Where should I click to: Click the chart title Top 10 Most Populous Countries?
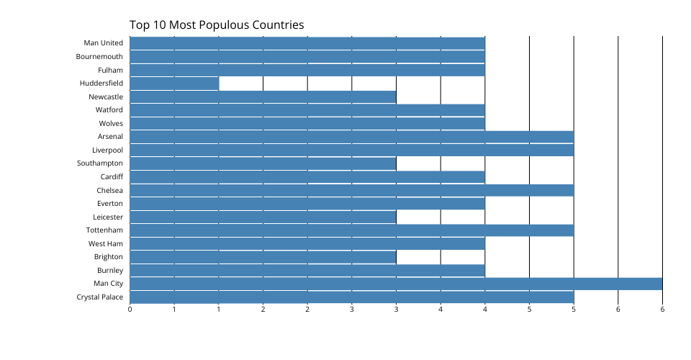click(x=217, y=25)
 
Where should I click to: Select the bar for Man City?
click(x=396, y=284)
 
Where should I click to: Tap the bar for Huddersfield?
click(x=174, y=84)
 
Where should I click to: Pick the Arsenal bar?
click(x=351, y=137)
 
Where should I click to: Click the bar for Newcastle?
click(x=263, y=96)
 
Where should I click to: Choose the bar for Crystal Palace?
click(x=351, y=297)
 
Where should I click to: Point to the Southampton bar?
click(x=263, y=163)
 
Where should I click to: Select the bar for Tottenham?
click(x=351, y=230)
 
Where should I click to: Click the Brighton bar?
click(x=263, y=257)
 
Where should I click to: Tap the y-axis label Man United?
click(x=104, y=43)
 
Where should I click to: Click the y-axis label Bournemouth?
click(x=100, y=57)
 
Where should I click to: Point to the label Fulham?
click(x=110, y=71)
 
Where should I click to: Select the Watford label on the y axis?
click(x=109, y=110)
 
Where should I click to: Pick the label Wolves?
click(x=111, y=124)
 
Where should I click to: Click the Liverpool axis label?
click(x=107, y=150)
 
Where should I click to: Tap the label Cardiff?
click(x=112, y=177)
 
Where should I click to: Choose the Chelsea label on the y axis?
click(x=109, y=191)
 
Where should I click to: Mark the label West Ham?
click(x=106, y=244)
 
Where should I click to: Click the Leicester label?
click(x=108, y=217)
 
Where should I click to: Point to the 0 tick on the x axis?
click(x=130, y=310)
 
